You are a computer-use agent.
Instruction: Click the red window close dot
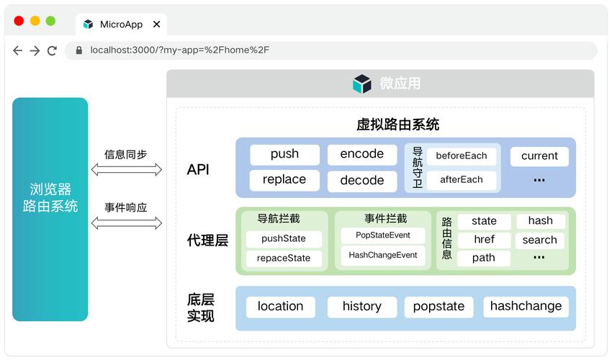click(19, 21)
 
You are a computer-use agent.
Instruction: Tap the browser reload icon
click(52, 50)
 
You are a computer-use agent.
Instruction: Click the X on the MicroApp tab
click(156, 24)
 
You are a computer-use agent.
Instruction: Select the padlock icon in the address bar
click(79, 50)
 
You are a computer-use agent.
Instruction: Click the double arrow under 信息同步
click(127, 169)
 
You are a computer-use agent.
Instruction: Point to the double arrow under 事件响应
click(127, 223)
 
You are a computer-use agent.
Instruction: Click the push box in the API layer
click(284, 154)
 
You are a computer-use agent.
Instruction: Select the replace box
click(284, 180)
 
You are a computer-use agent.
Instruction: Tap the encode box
click(362, 154)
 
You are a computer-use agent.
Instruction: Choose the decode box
click(362, 181)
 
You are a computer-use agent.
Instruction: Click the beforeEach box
click(462, 156)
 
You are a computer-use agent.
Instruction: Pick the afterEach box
click(462, 180)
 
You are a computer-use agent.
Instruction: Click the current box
click(539, 156)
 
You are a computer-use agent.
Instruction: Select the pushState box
click(284, 238)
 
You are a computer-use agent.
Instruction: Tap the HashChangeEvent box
click(383, 256)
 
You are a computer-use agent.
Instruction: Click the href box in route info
click(484, 239)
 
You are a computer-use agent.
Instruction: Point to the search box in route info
click(540, 240)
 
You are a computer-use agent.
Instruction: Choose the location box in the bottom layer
click(280, 307)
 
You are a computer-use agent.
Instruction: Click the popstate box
click(438, 307)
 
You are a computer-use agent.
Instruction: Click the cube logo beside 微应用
click(362, 84)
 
